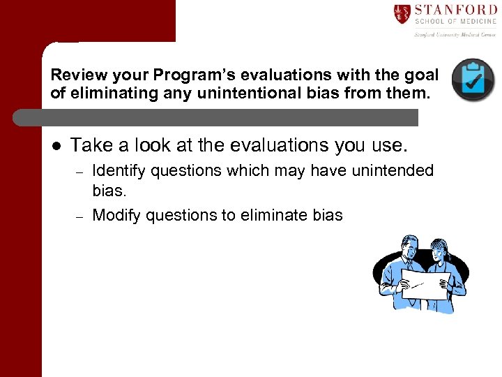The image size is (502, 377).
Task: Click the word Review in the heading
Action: coord(74,75)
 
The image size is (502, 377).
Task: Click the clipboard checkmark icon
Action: coord(473,80)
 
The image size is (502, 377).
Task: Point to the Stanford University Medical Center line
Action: coord(455,33)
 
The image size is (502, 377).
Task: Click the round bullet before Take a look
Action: coord(56,145)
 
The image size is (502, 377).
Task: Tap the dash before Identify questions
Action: coord(79,172)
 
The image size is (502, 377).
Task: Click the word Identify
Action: coord(119,171)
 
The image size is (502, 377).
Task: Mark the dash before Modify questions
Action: coord(79,216)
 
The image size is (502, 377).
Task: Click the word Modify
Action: coord(115,215)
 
